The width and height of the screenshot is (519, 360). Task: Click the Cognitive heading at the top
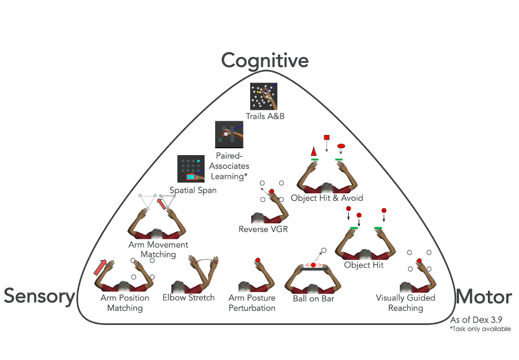pos(265,60)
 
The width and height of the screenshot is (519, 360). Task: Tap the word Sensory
pos(39,297)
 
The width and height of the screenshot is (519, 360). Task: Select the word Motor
pos(483,297)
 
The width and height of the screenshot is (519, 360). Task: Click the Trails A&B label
pos(265,116)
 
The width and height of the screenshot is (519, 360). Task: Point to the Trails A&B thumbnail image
pos(265,96)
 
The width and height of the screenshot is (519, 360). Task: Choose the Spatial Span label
pos(193,190)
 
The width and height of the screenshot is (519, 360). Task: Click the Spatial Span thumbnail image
pos(191,169)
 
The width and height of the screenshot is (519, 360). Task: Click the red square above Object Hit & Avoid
pos(327,137)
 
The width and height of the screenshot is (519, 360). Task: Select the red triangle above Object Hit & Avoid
pos(314,151)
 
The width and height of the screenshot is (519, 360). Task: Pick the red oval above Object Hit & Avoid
pos(340,145)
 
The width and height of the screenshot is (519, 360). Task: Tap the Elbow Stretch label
pos(193,298)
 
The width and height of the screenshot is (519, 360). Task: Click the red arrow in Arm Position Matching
pos(101,267)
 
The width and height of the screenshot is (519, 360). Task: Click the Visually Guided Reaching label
pos(405,303)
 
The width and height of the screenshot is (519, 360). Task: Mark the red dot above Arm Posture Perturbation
pos(258,260)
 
